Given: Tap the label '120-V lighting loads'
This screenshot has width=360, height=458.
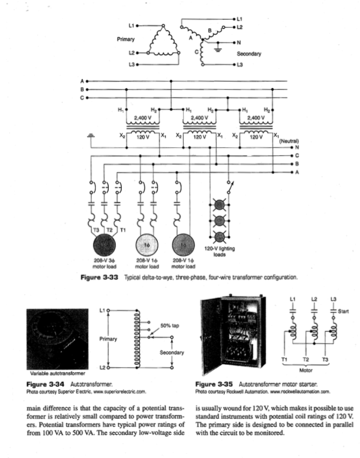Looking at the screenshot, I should click(219, 252).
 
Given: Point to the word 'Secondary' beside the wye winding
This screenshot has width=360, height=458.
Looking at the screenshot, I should click(249, 54).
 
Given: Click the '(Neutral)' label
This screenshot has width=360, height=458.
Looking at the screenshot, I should click(289, 141).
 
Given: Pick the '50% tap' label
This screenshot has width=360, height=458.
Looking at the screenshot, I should click(169, 325).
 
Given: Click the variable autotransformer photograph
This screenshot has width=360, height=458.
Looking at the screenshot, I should click(57, 337).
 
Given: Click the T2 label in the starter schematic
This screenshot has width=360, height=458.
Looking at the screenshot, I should click(306, 359).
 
